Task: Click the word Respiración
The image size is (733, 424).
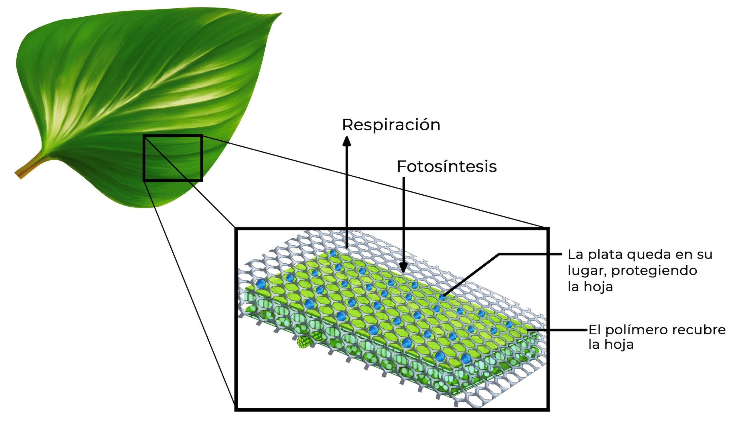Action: point(391,125)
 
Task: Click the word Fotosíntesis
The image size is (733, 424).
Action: point(446,167)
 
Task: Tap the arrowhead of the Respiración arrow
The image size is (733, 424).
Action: point(346,141)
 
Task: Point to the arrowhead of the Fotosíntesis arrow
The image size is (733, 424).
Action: point(403,267)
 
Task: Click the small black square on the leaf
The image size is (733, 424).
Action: point(173,158)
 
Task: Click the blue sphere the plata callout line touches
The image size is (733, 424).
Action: point(442,297)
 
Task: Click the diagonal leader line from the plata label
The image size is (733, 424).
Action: point(471,275)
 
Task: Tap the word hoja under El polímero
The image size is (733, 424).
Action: point(620,345)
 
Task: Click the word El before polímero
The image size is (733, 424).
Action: point(594,330)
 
